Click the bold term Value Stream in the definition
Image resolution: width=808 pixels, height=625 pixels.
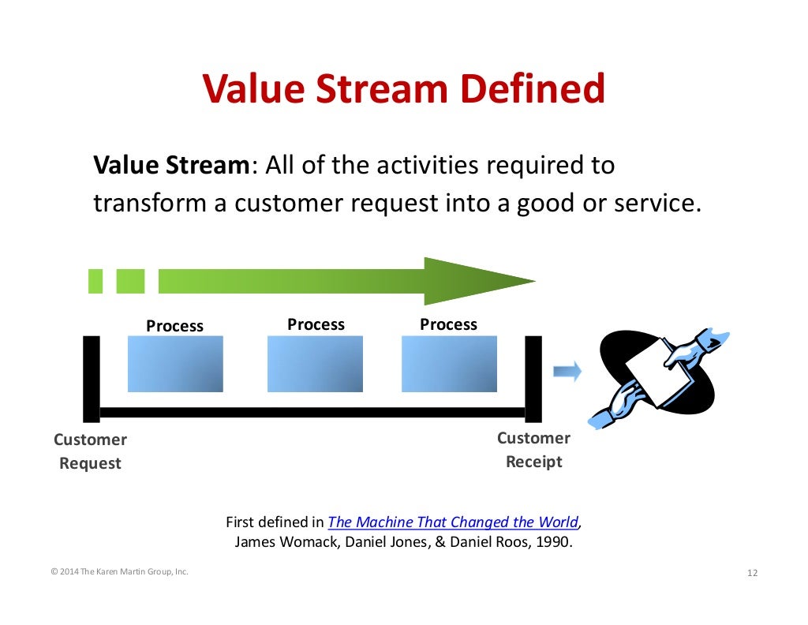[171, 166]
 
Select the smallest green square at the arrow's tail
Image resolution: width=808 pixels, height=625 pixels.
[95, 281]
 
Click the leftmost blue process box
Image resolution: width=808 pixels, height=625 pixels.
[175, 364]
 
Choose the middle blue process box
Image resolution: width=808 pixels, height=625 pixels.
[315, 364]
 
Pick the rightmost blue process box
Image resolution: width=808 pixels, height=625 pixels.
[449, 364]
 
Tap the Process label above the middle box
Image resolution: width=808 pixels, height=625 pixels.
[316, 324]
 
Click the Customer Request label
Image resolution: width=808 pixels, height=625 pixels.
[90, 451]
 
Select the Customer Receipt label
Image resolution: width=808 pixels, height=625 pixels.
[533, 450]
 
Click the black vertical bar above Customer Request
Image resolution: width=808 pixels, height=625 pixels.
[92, 379]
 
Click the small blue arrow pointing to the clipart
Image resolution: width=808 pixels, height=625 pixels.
[567, 371]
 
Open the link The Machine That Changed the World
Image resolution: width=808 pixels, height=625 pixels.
[453, 522]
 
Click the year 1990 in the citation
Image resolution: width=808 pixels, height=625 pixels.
[550, 542]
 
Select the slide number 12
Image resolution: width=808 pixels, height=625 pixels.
[751, 573]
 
